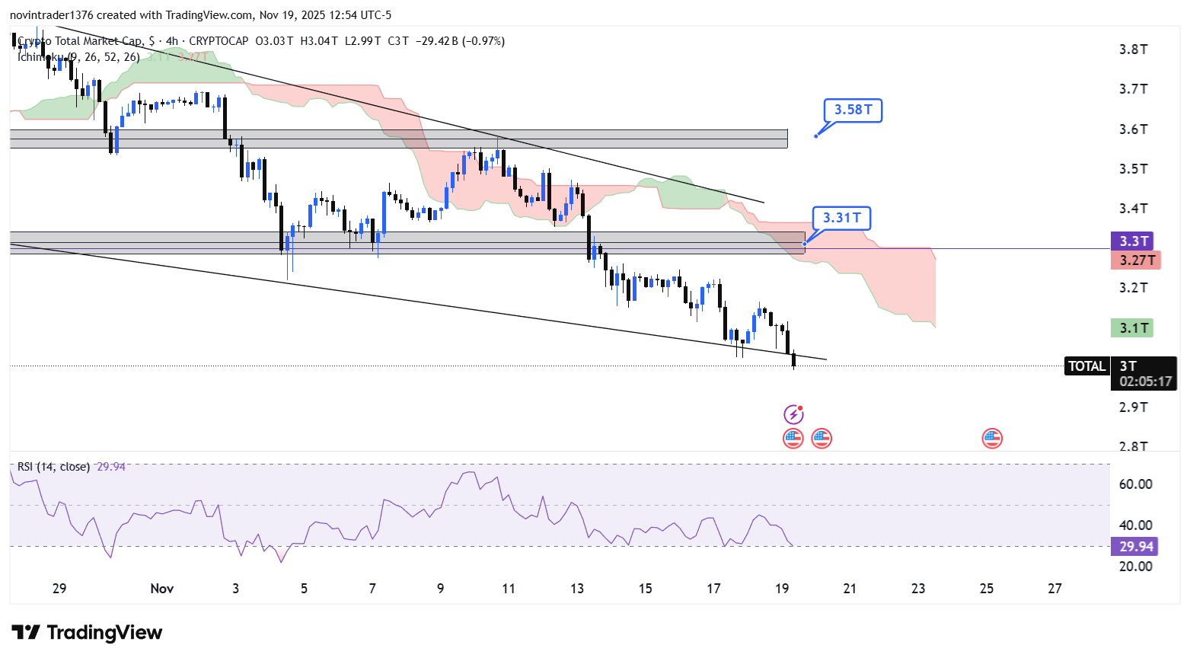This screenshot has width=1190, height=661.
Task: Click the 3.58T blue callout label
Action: pyautogui.click(x=853, y=110)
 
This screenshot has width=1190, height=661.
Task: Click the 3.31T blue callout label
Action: pyautogui.click(x=841, y=219)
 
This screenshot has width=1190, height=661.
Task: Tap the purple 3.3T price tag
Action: pyautogui.click(x=1133, y=241)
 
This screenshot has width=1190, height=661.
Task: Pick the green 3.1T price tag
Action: pyautogui.click(x=1133, y=328)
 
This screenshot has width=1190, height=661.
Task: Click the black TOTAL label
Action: pyautogui.click(x=1086, y=366)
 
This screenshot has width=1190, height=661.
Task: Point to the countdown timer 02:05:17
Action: pyautogui.click(x=1145, y=382)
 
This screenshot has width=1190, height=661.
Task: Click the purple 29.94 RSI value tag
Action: pyautogui.click(x=1136, y=547)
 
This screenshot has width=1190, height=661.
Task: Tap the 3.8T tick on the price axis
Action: pyautogui.click(x=1133, y=49)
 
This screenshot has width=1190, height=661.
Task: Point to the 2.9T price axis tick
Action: pyautogui.click(x=1133, y=407)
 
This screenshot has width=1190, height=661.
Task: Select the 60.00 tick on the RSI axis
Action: pyautogui.click(x=1135, y=484)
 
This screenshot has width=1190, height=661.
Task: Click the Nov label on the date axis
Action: pyautogui.click(x=162, y=589)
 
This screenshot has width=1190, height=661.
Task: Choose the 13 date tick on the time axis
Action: pyautogui.click(x=577, y=589)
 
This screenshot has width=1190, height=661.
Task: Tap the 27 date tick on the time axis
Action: pyautogui.click(x=1054, y=589)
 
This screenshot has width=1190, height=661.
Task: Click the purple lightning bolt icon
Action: pyautogui.click(x=793, y=415)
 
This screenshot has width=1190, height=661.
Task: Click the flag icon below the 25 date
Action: pyautogui.click(x=991, y=438)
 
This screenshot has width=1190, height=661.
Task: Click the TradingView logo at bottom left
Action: pyautogui.click(x=87, y=633)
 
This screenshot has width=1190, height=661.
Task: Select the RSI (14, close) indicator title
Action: pyautogui.click(x=53, y=467)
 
